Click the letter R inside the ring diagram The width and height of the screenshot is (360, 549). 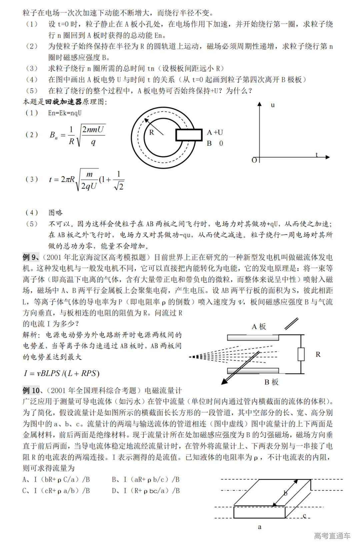[x=152, y=132]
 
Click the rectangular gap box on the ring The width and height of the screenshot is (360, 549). [x=189, y=135]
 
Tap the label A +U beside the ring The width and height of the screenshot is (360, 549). [x=215, y=132]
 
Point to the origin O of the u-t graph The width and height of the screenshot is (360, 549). [x=254, y=160]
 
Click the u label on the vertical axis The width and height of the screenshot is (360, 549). [x=273, y=105]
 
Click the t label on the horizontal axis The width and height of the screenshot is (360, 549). [x=317, y=154]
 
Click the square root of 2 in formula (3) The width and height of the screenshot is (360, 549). [x=119, y=186]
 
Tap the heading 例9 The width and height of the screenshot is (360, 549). [x=31, y=257]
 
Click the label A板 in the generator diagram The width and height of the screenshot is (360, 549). [x=259, y=327]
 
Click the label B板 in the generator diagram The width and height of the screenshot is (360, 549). [x=271, y=382]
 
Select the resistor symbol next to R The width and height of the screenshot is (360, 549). [x=301, y=354]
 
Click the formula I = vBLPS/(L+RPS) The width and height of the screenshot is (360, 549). [x=62, y=373]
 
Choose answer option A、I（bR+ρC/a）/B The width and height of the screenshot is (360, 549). [x=56, y=480]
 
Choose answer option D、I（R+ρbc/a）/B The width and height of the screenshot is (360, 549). [x=146, y=491]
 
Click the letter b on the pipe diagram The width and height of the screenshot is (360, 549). [x=285, y=493]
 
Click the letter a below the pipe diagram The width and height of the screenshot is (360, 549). [x=260, y=527]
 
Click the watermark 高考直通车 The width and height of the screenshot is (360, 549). [x=332, y=536]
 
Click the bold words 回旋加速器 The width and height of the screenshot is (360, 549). [x=64, y=102]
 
